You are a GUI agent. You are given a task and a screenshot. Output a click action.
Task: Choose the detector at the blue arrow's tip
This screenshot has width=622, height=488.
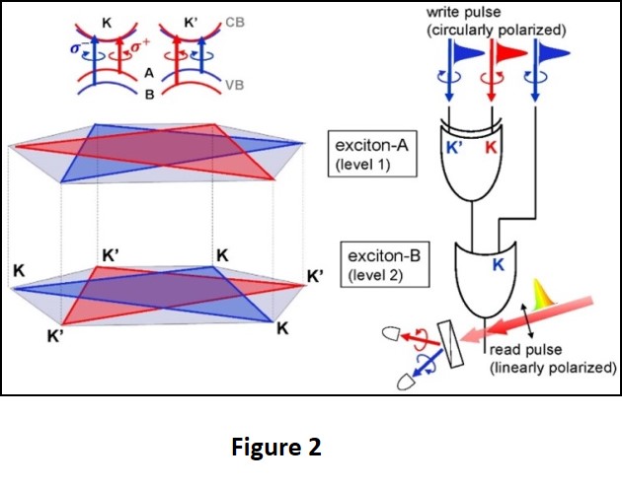click(403, 379)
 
